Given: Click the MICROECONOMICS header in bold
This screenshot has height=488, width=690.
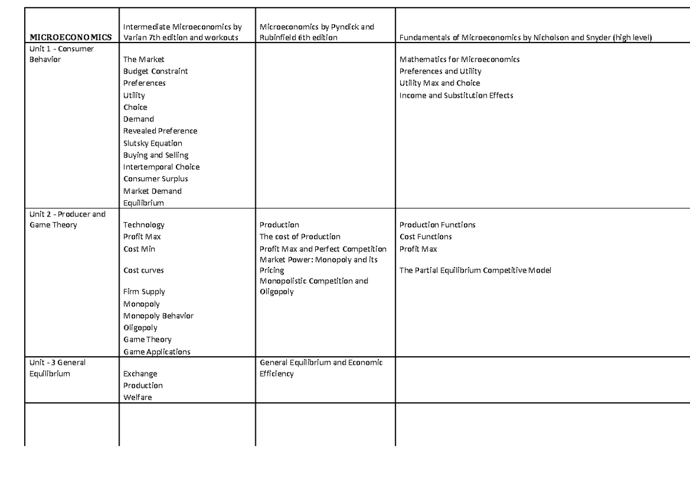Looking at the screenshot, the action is (71, 38).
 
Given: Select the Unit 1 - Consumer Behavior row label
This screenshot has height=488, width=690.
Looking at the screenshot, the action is (61, 54).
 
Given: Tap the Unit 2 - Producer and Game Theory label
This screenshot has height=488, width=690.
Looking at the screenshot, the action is (67, 219).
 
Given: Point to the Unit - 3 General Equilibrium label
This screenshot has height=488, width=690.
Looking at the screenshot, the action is (57, 368).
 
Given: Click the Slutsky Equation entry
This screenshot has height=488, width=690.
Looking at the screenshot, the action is (152, 143).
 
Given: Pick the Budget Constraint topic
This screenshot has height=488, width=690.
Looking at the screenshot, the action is (155, 71).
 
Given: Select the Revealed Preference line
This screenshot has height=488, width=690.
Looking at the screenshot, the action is (160, 131).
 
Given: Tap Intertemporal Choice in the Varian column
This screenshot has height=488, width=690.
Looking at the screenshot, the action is (161, 167).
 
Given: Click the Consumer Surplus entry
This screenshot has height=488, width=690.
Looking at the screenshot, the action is (155, 179).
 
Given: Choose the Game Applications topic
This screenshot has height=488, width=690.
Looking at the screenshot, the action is (156, 352).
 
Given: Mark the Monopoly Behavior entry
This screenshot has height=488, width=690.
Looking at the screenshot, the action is (158, 316).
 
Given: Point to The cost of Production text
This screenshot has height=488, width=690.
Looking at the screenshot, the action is (300, 237).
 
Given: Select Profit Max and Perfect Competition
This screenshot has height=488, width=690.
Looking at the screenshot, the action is (323, 249).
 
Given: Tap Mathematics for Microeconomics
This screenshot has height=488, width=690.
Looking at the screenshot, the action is (459, 59).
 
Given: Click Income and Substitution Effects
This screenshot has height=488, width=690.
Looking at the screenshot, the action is (456, 96).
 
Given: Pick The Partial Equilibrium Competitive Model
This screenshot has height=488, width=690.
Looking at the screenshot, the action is (475, 270).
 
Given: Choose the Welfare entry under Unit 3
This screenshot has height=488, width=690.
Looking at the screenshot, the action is (137, 398).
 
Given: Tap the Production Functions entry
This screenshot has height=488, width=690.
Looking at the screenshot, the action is (437, 225).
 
